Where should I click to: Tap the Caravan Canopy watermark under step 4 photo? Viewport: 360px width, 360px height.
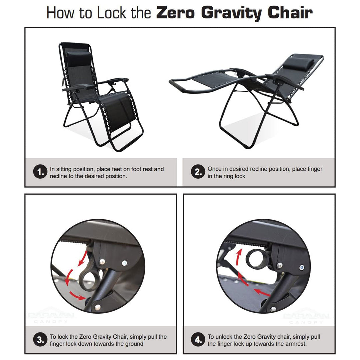pyautogui.click(x=306, y=318)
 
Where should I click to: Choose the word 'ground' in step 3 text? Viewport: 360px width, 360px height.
pyautogui.click(x=134, y=344)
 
